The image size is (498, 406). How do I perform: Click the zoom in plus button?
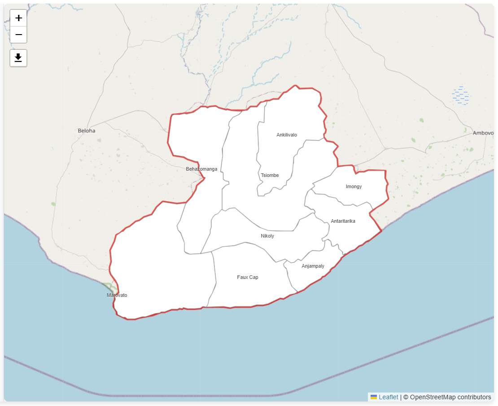(x=18, y=18)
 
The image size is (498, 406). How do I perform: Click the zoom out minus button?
(x=18, y=35)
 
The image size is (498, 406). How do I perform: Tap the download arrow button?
(x=18, y=58)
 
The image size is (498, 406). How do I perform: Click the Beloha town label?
(x=87, y=131)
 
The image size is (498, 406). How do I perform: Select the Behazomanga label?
(x=201, y=169)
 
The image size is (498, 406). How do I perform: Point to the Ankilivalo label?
(x=287, y=135)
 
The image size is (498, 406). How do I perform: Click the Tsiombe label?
(x=270, y=175)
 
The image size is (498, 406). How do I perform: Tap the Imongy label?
(x=354, y=186)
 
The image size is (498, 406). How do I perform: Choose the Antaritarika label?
(x=343, y=221)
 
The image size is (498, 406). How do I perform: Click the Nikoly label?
(x=267, y=236)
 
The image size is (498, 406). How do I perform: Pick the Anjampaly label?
(x=313, y=266)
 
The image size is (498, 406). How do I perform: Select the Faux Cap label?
(x=248, y=277)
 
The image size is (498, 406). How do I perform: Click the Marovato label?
(x=117, y=295)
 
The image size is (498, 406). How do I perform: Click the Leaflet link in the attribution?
(x=388, y=397)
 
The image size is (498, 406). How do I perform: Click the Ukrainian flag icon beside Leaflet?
(x=374, y=397)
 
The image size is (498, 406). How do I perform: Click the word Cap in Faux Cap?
(x=254, y=277)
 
